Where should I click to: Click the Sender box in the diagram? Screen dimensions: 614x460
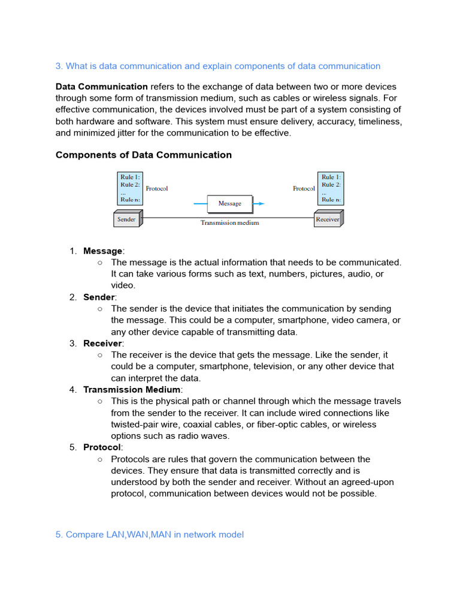point(126,219)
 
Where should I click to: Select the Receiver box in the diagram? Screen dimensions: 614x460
point(328,219)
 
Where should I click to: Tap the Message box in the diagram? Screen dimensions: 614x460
point(229,204)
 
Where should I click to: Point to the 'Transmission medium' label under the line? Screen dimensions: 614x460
point(229,223)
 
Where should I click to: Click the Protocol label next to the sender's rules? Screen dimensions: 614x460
point(157,188)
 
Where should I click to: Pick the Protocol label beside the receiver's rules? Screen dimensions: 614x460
point(304,188)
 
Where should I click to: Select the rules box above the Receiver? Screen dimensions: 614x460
point(330,188)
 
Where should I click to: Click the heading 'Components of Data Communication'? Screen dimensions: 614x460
point(144,155)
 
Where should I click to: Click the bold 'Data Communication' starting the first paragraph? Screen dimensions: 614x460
point(102,87)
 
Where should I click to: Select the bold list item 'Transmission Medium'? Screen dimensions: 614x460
point(132,390)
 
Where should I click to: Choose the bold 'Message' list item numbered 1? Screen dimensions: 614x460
point(102,251)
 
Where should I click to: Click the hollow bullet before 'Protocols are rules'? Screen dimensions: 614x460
point(99,459)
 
